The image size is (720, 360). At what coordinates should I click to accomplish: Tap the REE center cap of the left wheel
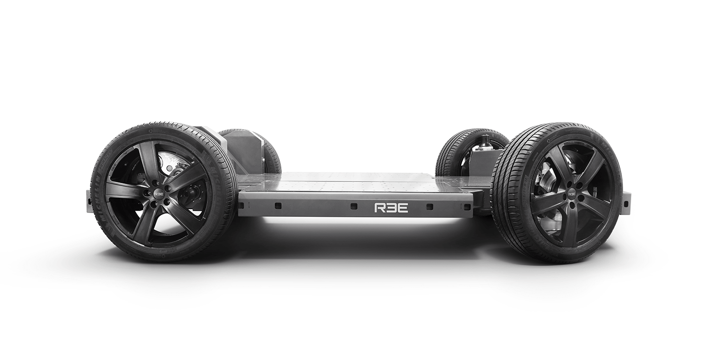click(x=158, y=194)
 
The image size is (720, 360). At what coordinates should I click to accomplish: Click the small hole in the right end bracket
click(x=627, y=206)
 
